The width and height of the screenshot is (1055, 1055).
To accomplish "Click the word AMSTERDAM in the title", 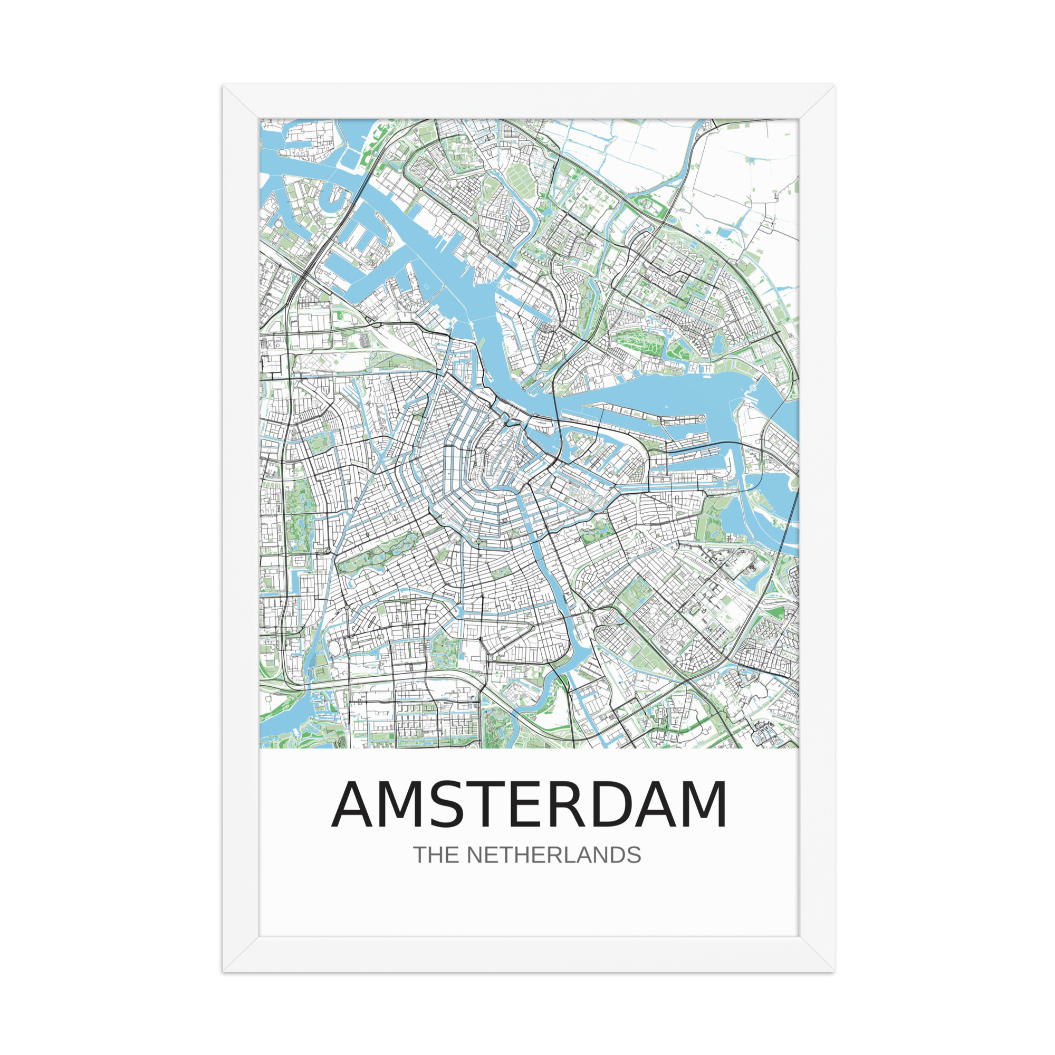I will [x=529, y=805].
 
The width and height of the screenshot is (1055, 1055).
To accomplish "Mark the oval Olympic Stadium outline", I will [x=334, y=648].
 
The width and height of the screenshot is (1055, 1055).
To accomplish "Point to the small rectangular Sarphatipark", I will [x=501, y=573].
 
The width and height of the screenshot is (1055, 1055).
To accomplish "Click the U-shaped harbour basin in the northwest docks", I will [x=335, y=199].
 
